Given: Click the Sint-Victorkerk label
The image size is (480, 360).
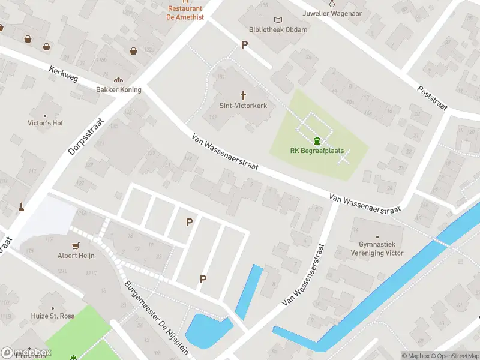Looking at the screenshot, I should click(x=243, y=106).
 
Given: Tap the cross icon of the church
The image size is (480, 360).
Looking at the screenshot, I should click(x=243, y=95).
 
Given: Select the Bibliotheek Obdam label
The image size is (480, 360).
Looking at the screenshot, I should click(x=278, y=30).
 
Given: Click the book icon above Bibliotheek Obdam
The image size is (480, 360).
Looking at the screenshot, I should click(x=277, y=20).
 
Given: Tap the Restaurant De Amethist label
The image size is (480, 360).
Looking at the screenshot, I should click(x=185, y=13).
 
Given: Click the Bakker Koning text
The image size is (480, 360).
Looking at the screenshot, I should click(x=119, y=90).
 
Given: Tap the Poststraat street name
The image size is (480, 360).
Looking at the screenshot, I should click(x=433, y=97).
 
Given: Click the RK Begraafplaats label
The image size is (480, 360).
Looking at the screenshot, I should click(x=316, y=151).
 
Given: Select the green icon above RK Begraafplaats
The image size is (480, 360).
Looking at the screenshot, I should click(x=316, y=141).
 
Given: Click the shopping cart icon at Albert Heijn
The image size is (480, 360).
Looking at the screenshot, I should click(x=76, y=246).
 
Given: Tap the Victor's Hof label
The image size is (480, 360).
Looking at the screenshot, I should click(x=46, y=123).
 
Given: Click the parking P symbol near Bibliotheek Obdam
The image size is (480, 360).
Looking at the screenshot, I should click(x=244, y=44).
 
